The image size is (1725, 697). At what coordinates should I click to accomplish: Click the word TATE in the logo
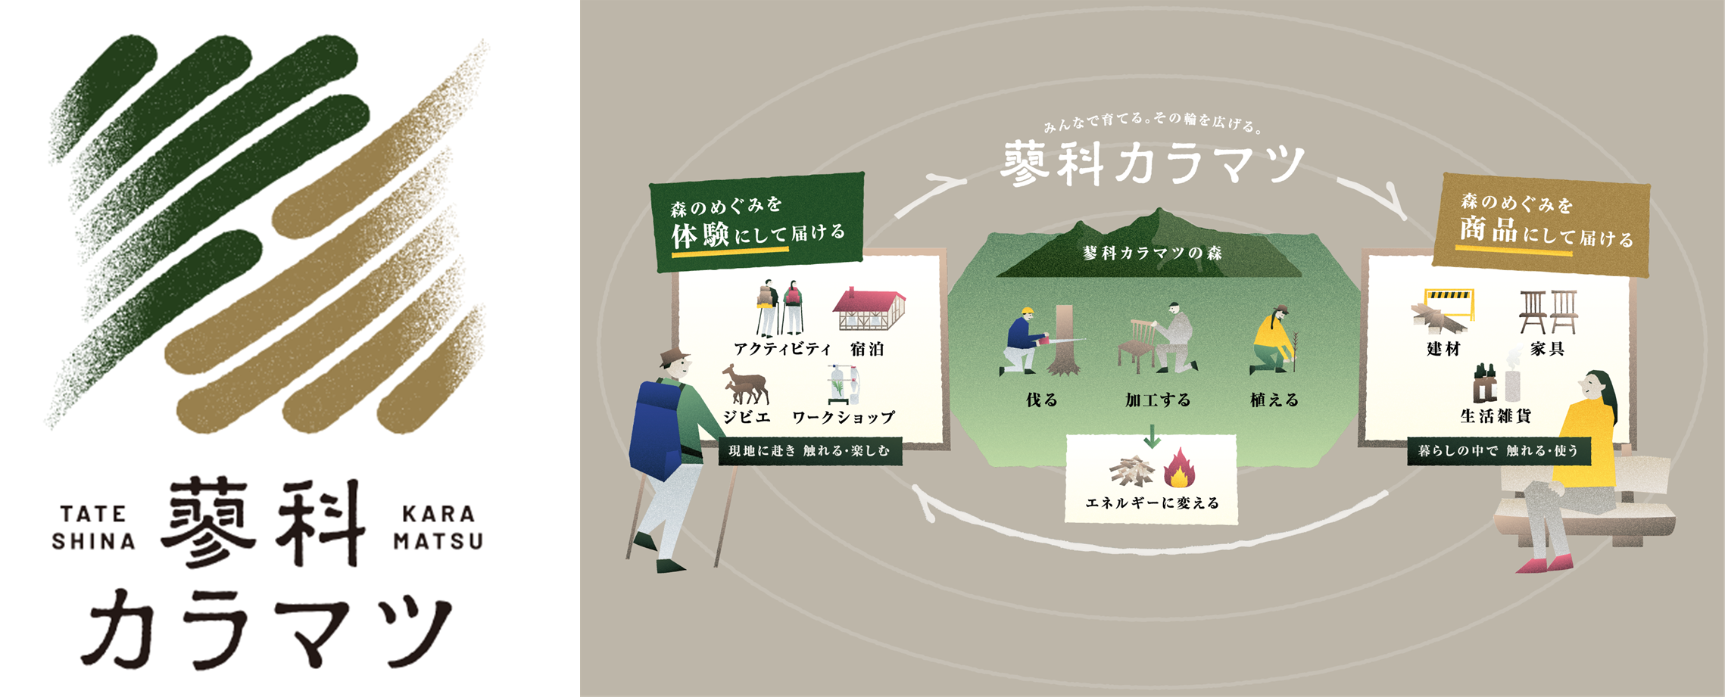pyautogui.click(x=93, y=515)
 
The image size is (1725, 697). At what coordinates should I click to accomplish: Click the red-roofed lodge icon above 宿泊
pyautogui.click(x=869, y=309)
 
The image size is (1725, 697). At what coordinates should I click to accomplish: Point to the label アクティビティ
pyautogui.click(x=782, y=349)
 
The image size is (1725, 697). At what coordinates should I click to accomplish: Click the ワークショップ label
pyautogui.click(x=844, y=417)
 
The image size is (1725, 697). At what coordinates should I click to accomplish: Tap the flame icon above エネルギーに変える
pyautogui.click(x=1178, y=468)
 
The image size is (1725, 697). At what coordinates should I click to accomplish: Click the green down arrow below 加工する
pyautogui.click(x=1152, y=436)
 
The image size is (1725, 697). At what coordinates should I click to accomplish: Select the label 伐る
pyautogui.click(x=1041, y=400)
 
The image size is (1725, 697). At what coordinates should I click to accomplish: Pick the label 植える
pyautogui.click(x=1274, y=400)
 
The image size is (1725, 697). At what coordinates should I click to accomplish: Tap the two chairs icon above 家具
pyautogui.click(x=1548, y=311)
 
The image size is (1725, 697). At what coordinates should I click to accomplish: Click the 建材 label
pyautogui.click(x=1443, y=349)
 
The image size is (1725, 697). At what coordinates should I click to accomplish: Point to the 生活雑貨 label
pyautogui.click(x=1496, y=415)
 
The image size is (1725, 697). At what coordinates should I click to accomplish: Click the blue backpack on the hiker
pyautogui.click(x=656, y=428)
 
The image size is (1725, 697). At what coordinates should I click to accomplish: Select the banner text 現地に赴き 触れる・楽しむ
pyautogui.click(x=809, y=451)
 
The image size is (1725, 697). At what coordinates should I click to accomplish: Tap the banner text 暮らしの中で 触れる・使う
pyautogui.click(x=1498, y=451)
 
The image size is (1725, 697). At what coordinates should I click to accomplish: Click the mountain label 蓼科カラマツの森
pyautogui.click(x=1152, y=253)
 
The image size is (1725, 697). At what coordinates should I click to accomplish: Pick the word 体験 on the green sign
pyautogui.click(x=700, y=235)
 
